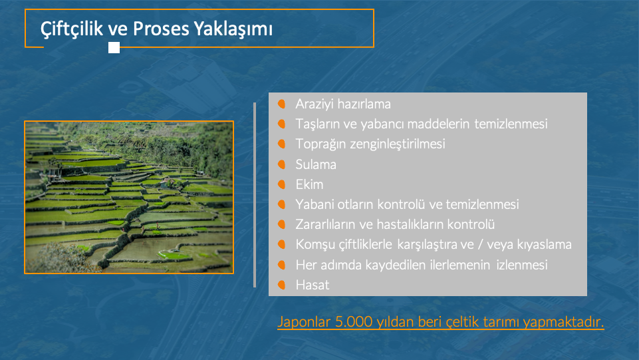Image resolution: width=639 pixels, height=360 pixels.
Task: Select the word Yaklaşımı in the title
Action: click(233, 29)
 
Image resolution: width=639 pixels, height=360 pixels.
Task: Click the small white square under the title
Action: click(114, 48)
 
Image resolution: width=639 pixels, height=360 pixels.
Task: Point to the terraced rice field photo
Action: click(129, 198)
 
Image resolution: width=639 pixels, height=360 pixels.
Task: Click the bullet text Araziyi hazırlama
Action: click(343, 104)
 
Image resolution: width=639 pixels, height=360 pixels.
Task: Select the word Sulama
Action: click(316, 164)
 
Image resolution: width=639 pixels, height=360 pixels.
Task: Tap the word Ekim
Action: click(309, 184)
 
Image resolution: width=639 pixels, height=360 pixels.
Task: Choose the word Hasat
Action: click(313, 285)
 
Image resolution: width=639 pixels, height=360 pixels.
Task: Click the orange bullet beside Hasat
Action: click(282, 285)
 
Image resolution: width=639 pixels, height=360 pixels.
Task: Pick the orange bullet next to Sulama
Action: click(282, 164)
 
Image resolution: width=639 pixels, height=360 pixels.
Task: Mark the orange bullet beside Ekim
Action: click(282, 184)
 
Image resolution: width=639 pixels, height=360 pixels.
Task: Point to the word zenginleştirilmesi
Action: click(398, 144)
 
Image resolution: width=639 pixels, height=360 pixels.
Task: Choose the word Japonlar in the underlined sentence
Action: click(304, 322)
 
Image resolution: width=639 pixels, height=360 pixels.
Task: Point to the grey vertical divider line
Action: click(255, 195)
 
